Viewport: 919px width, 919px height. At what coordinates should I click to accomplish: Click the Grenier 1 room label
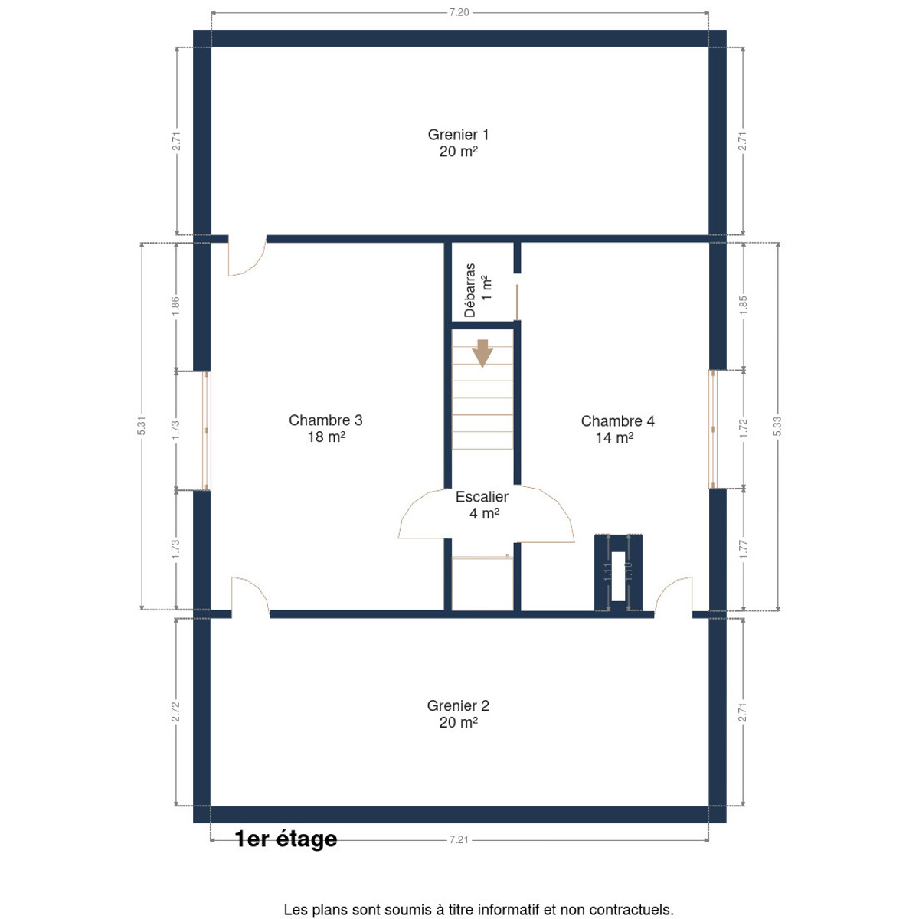[x=458, y=142]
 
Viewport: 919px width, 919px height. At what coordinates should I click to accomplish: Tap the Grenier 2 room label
[x=458, y=714]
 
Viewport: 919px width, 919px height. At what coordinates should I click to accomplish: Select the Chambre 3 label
[x=325, y=428]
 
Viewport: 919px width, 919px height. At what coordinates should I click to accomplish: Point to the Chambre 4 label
[x=617, y=429]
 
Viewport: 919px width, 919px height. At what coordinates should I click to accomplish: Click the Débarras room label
[x=478, y=290]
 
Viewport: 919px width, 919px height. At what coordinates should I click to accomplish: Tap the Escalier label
[x=482, y=505]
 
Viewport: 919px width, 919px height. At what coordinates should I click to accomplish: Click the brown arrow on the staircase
[x=482, y=353]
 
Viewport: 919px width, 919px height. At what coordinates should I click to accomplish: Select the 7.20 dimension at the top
[x=459, y=12]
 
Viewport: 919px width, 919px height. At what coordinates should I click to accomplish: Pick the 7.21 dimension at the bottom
[x=459, y=840]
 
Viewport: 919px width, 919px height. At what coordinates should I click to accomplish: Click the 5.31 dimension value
[x=141, y=425]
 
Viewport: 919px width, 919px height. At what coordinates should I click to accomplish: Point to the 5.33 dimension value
[x=777, y=426]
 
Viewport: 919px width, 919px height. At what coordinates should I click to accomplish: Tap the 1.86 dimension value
[x=175, y=306]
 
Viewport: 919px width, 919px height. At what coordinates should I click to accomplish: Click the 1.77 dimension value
[x=743, y=549]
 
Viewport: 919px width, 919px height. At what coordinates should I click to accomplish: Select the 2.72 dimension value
[x=175, y=711]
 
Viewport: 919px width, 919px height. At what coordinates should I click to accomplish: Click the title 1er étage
[x=286, y=839]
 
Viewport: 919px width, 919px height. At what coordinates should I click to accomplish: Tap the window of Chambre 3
[x=207, y=430]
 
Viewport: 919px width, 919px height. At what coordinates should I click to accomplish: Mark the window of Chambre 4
[x=713, y=429]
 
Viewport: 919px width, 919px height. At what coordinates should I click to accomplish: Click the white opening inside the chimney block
[x=617, y=576]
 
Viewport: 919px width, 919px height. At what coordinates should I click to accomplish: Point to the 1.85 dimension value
[x=743, y=306]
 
